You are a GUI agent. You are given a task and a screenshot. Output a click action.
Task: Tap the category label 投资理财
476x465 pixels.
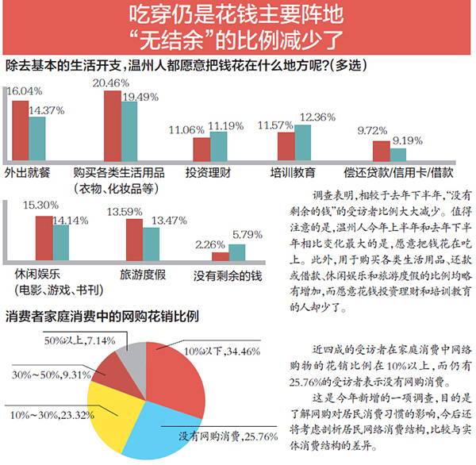pos(207,171)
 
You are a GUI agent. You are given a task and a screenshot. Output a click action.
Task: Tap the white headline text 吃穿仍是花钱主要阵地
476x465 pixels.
pos(237,17)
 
